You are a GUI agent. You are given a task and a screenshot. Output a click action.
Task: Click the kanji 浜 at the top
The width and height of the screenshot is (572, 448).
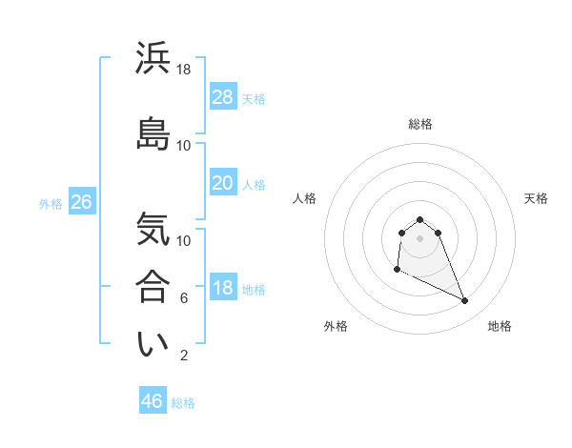point(153,58)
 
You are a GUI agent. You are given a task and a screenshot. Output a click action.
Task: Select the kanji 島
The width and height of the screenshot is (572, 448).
point(153,134)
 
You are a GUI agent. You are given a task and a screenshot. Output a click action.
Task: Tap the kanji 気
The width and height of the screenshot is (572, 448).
point(153,230)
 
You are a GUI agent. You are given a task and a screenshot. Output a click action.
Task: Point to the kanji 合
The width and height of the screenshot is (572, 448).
point(153,287)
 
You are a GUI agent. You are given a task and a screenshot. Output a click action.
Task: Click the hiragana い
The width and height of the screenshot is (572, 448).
point(153,344)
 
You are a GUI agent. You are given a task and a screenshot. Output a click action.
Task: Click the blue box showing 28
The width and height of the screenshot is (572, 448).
point(222,97)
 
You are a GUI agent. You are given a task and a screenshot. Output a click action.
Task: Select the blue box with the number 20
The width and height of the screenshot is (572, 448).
point(222,183)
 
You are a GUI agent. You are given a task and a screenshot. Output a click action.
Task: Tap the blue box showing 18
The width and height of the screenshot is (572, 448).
point(222,288)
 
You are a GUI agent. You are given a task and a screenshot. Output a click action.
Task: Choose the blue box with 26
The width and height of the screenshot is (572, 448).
point(81,202)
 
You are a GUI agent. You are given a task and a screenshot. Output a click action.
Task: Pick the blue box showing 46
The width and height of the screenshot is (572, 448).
point(152,401)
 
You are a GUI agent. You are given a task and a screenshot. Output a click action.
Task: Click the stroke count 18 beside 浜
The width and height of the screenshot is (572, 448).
point(184,70)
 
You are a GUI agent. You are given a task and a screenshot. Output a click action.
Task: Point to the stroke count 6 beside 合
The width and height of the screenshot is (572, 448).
point(184,298)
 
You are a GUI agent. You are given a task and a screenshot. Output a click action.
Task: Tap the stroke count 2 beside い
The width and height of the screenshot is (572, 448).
point(184,356)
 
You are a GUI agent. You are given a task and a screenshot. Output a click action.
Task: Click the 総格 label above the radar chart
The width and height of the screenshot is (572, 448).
point(420,124)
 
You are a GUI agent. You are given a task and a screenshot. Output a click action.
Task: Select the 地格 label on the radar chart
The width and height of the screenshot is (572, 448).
point(500,326)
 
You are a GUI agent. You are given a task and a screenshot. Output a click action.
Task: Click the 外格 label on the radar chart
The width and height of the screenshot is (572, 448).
point(336,326)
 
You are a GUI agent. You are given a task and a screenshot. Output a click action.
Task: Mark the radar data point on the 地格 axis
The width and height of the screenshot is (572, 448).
point(465,301)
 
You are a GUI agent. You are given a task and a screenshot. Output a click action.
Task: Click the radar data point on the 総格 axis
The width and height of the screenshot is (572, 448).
point(420,219)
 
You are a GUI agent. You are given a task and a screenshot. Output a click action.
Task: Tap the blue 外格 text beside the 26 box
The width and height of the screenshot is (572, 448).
point(51,203)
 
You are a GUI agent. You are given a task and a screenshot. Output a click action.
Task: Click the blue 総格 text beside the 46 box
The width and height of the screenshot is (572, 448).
point(183,403)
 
